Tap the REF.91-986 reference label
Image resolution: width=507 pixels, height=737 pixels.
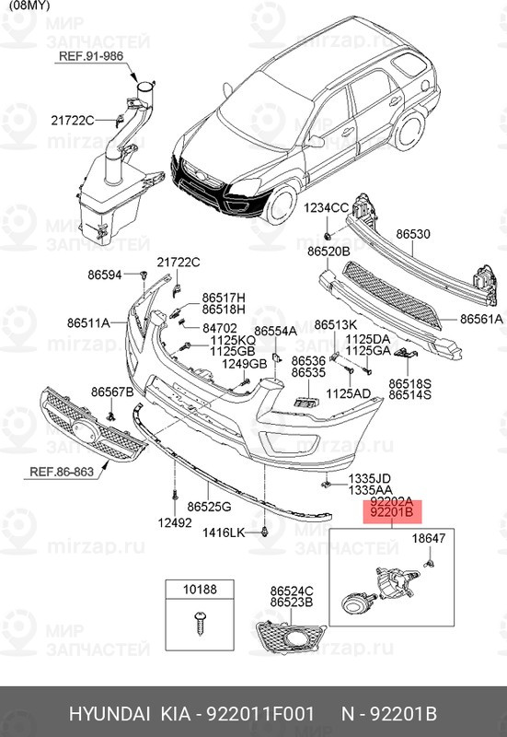(x=91, y=56)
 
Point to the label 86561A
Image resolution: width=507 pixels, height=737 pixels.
(x=481, y=319)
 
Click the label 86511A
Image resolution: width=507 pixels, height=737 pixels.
(x=87, y=322)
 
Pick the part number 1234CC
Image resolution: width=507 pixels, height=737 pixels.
(x=327, y=208)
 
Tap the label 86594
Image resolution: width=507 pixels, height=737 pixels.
(x=105, y=274)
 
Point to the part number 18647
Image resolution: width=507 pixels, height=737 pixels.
(x=428, y=537)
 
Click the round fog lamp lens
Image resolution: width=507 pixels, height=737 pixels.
(x=352, y=603)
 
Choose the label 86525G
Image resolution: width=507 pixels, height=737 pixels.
(x=209, y=507)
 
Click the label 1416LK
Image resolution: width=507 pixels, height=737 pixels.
(x=225, y=532)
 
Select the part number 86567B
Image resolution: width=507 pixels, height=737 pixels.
(x=112, y=392)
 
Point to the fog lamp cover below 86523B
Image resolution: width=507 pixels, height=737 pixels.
(x=291, y=636)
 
